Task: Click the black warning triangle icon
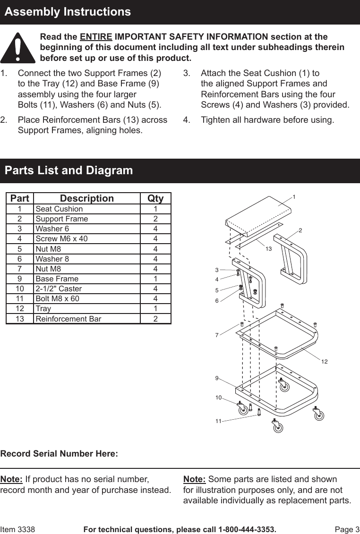click(18, 49)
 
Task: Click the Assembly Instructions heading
click(68, 12)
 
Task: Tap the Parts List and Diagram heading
click(69, 170)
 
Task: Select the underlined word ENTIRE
click(96, 37)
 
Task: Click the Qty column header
click(155, 198)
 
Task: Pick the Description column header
click(87, 198)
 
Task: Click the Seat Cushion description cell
click(59, 209)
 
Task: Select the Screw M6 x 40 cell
click(61, 239)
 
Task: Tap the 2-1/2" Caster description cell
click(59, 288)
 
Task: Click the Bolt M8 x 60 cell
click(58, 298)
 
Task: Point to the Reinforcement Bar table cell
click(69, 319)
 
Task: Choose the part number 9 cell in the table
click(20, 279)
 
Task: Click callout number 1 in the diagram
click(294, 196)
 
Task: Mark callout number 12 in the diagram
click(325, 361)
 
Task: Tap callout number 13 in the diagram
click(268, 248)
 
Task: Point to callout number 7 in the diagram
click(217, 335)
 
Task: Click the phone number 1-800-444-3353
click(246, 529)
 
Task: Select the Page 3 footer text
click(347, 529)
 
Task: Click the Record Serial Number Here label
click(59, 454)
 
